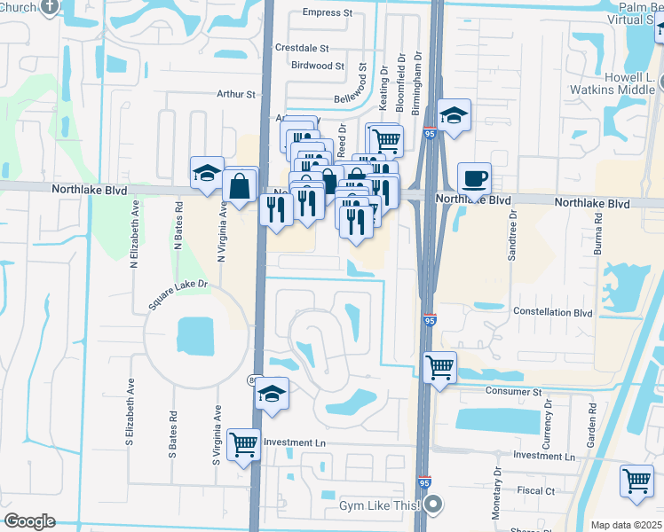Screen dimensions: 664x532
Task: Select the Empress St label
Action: click(x=327, y=13)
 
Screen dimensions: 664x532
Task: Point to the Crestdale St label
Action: click(x=302, y=48)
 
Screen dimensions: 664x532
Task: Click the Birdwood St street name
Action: click(x=317, y=66)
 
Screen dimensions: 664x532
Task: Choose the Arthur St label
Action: click(x=235, y=94)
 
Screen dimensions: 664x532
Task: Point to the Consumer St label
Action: click(x=513, y=391)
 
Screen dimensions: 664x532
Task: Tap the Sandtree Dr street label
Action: click(x=512, y=235)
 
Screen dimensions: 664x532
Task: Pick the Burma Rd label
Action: click(x=599, y=234)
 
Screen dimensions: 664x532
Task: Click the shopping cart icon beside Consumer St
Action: click(x=440, y=365)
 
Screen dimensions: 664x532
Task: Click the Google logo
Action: click(x=29, y=521)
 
